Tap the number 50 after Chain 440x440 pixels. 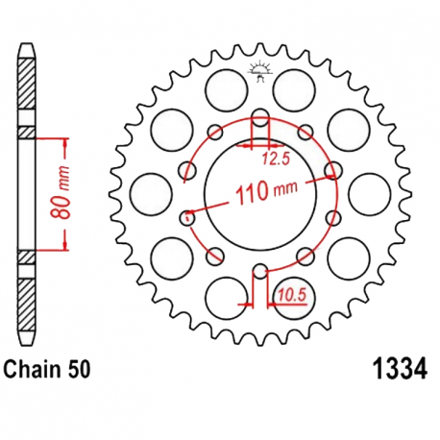pos(83,367)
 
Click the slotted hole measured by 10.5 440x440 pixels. pos(258,281)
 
